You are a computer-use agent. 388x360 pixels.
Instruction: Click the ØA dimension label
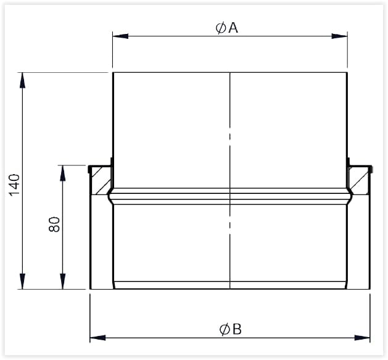point(226,28)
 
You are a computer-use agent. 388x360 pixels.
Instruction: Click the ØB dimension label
point(230,329)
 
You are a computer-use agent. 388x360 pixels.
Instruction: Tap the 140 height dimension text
point(14,185)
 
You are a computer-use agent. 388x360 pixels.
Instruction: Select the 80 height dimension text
point(54,224)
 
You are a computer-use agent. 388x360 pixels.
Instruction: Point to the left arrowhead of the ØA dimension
point(120,36)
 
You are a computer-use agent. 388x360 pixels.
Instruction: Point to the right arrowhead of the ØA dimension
point(339,36)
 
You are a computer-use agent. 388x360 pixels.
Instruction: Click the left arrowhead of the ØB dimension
point(97,337)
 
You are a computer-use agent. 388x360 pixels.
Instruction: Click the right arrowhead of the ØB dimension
point(362,337)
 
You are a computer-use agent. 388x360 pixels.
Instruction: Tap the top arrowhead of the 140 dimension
point(23,80)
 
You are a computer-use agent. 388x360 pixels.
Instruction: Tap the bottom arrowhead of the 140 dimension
point(23,281)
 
